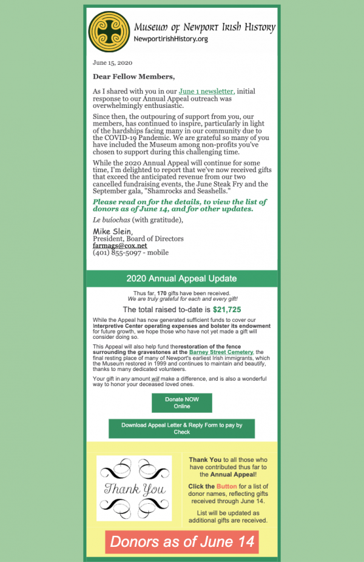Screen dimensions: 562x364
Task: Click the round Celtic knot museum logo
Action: [109, 32]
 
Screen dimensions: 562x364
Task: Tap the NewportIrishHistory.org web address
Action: [170, 39]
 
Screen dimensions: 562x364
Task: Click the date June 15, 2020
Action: [112, 62]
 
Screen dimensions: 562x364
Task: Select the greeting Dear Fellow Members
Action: [133, 76]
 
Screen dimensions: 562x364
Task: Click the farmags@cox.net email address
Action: [120, 246]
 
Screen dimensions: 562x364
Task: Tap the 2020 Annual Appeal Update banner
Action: [181, 279]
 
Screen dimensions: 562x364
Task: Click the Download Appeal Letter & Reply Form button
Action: [181, 429]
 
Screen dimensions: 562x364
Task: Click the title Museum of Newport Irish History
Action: [204, 27]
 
